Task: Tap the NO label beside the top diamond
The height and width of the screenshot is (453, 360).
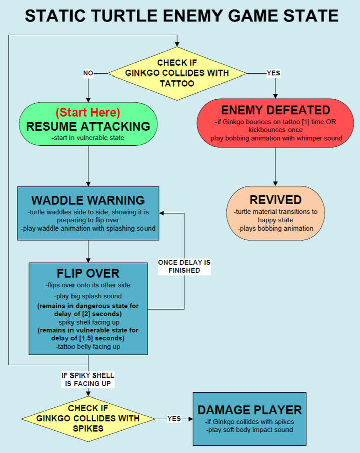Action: coord(88,73)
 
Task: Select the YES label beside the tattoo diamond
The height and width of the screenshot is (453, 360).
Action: coord(273,73)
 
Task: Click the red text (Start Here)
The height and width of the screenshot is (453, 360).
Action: coord(88,112)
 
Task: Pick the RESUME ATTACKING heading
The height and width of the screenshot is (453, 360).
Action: coord(88,126)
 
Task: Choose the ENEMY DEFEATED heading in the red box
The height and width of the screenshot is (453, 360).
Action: coord(275,110)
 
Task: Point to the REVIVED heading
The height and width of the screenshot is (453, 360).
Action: coord(275,199)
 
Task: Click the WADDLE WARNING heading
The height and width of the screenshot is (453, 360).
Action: coord(88,200)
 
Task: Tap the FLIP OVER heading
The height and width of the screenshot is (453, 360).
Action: coord(88,273)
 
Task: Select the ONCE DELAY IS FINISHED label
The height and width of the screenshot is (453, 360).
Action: coord(184,266)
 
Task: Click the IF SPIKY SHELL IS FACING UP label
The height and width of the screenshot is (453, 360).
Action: coord(88,379)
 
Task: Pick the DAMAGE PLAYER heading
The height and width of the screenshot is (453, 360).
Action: coord(250,409)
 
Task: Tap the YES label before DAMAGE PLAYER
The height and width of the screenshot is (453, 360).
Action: coord(174,418)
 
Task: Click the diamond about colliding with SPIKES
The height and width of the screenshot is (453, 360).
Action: coord(88,418)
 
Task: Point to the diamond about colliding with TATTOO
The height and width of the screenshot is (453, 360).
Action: coord(177,73)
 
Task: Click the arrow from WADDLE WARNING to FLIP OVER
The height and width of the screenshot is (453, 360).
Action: coord(88,251)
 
